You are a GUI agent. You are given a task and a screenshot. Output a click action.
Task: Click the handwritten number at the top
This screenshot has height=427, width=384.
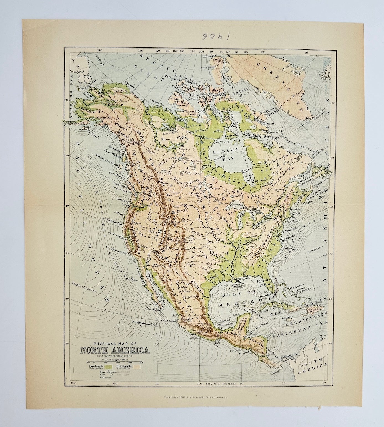192,37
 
